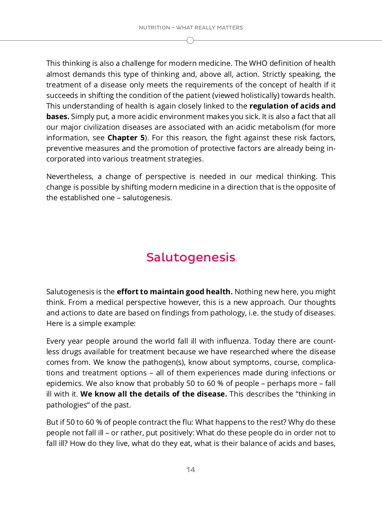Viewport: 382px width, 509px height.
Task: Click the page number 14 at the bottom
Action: (191, 469)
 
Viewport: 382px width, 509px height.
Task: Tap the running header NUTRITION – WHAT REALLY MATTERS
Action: (191, 27)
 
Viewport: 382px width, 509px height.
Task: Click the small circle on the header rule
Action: (190, 40)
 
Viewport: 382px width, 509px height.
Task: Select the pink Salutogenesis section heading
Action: (191, 257)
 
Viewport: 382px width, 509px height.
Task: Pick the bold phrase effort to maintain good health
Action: (175, 292)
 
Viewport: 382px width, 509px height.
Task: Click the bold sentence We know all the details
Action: (153, 394)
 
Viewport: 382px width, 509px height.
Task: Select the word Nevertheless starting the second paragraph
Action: (69, 176)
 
